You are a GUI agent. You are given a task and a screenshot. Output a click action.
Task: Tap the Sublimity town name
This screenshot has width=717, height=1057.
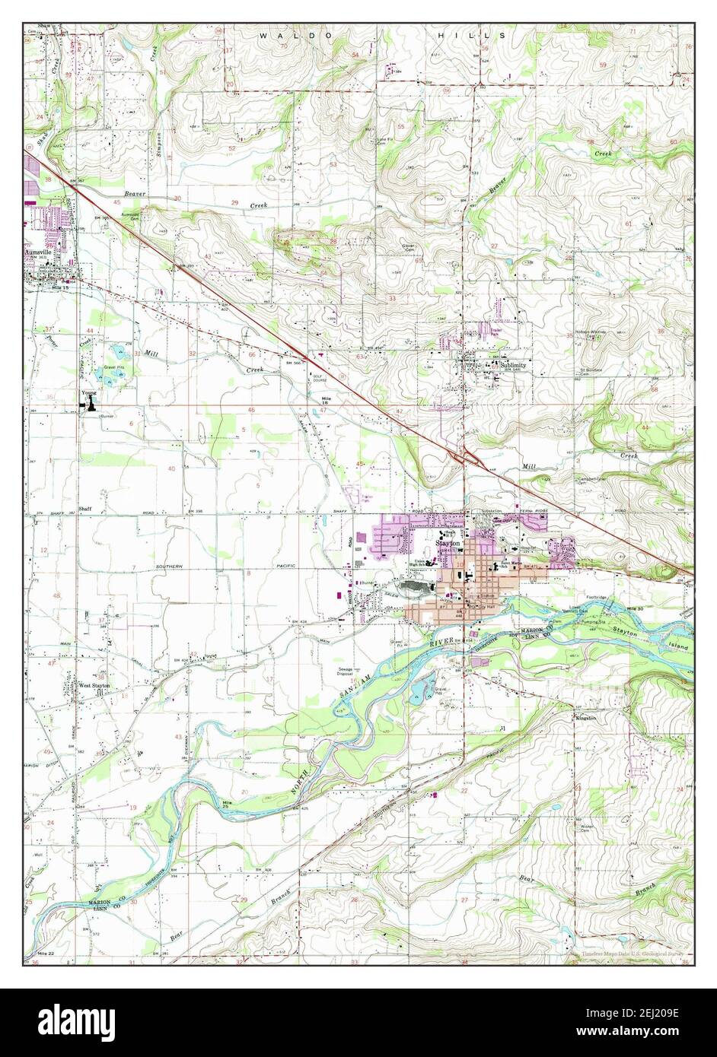tap(512, 365)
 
